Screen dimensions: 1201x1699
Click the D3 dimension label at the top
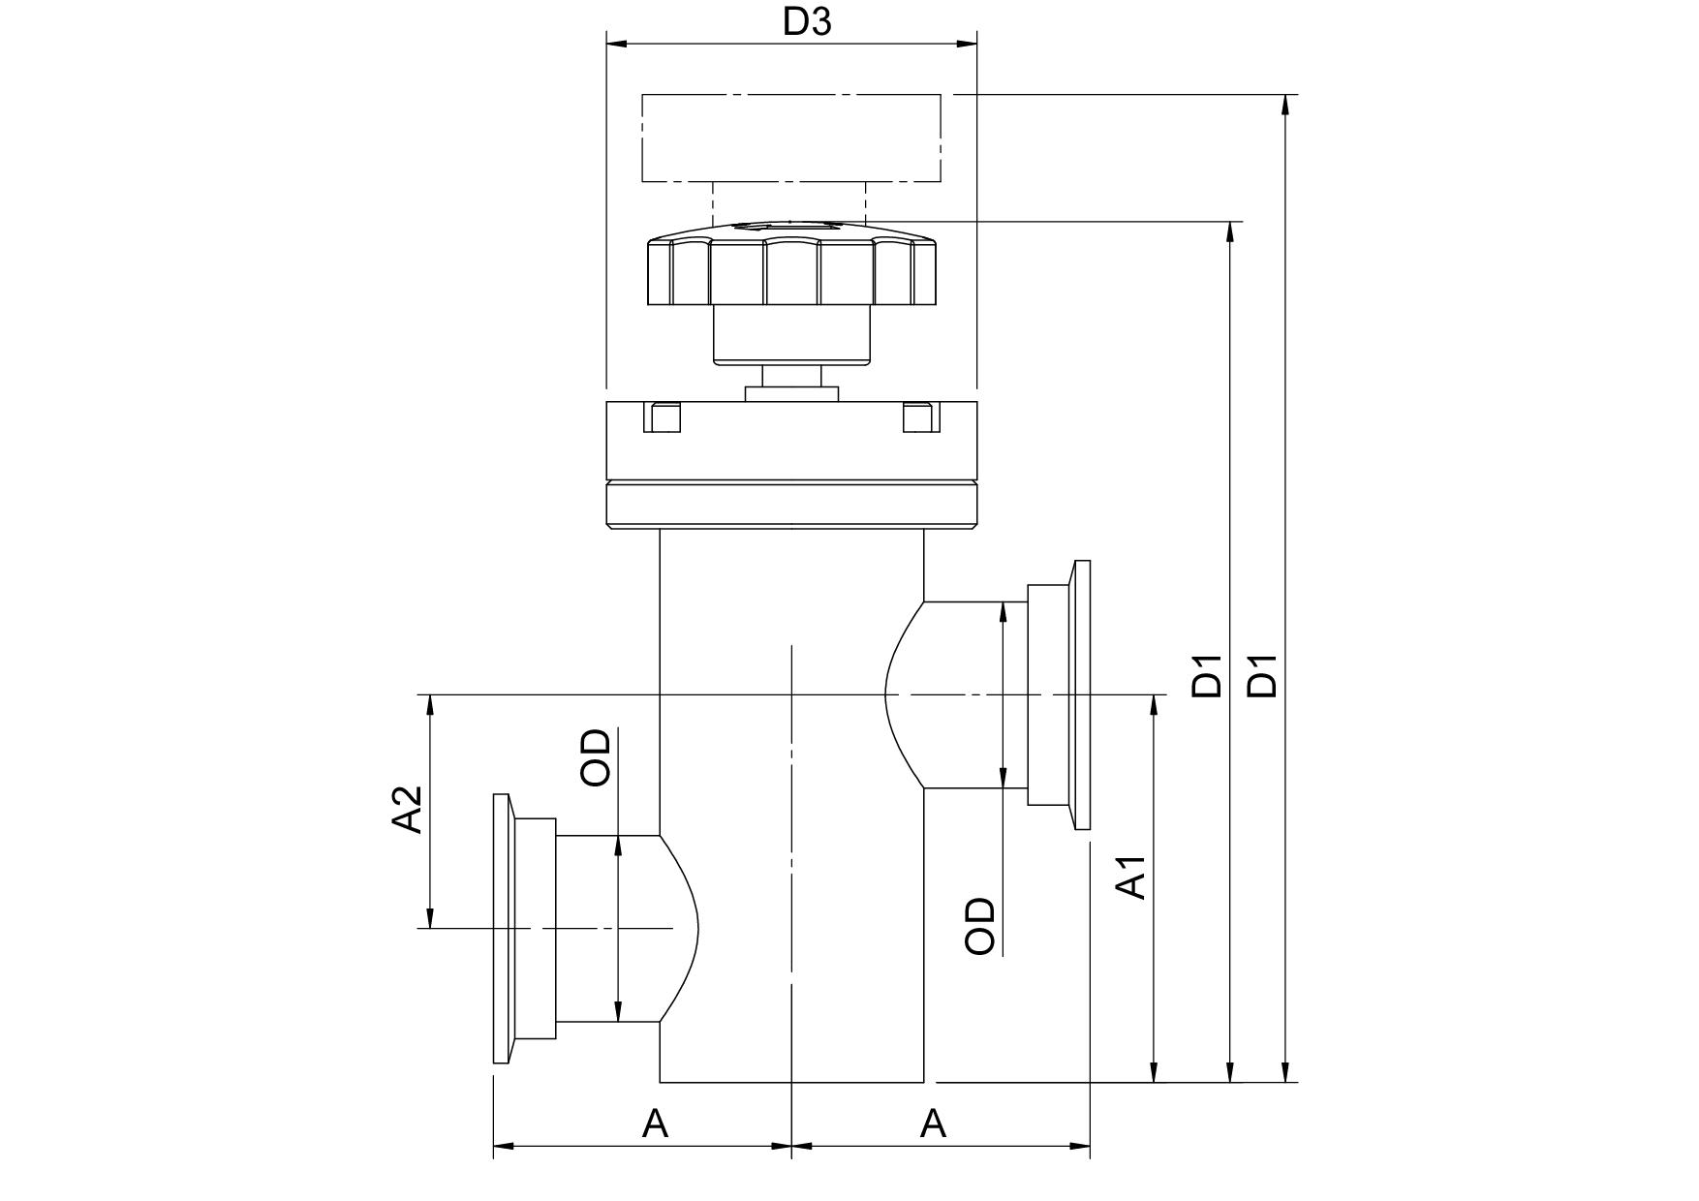point(807,22)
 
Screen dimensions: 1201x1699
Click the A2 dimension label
point(408,810)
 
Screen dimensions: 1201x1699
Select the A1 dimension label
point(1132,877)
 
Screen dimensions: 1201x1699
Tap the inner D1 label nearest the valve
point(1208,676)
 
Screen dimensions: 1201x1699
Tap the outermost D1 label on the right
point(1262,676)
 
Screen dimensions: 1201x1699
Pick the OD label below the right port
point(980,926)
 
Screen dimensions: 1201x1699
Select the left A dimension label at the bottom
point(656,1124)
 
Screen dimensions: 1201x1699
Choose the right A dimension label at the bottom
point(933,1124)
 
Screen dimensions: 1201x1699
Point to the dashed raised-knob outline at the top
point(790,138)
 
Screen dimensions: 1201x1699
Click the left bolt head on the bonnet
point(663,417)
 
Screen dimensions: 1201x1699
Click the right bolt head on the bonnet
point(918,417)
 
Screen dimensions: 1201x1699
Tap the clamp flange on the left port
point(502,929)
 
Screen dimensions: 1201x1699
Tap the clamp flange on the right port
point(1081,694)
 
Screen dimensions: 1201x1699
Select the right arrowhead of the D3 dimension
point(967,44)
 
